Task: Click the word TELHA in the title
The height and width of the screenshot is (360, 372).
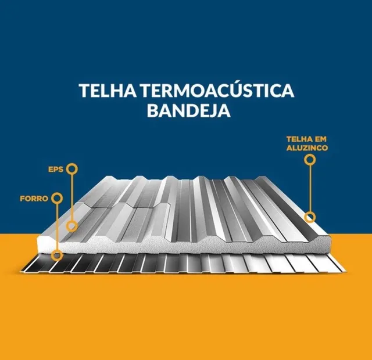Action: [x=108, y=91]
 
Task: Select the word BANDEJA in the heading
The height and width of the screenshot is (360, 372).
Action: [x=189, y=111]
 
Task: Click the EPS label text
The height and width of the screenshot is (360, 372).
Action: [x=56, y=170]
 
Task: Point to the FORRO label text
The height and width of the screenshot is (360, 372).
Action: [x=34, y=199]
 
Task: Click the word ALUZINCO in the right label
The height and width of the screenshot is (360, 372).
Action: [x=307, y=148]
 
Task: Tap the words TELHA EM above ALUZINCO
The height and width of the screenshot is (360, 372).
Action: [x=306, y=139]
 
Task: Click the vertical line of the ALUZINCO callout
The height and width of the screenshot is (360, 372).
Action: [x=310, y=188]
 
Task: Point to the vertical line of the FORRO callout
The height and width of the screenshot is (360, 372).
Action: [x=57, y=226]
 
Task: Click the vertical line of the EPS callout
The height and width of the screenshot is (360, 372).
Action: [x=71, y=197]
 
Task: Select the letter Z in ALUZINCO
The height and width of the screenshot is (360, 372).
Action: [x=305, y=148]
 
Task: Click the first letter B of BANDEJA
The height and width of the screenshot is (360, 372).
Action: [x=152, y=111]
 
